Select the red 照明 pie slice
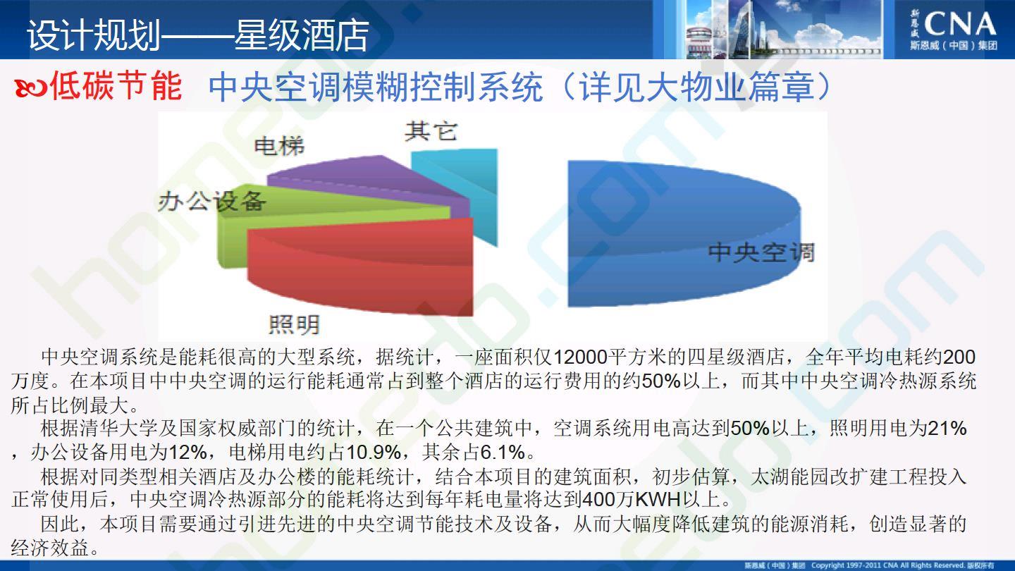point(362,267)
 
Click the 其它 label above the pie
point(431,131)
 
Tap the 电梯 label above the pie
point(279,146)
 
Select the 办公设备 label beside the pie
point(211,201)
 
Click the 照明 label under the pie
point(294,324)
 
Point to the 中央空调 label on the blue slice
point(761,252)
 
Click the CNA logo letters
point(960,25)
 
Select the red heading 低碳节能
point(116,85)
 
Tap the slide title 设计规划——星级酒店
point(197,35)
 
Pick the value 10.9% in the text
point(374,452)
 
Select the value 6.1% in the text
point(503,452)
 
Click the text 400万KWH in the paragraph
point(632,499)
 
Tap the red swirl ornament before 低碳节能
point(30,88)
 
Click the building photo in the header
point(784,29)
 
